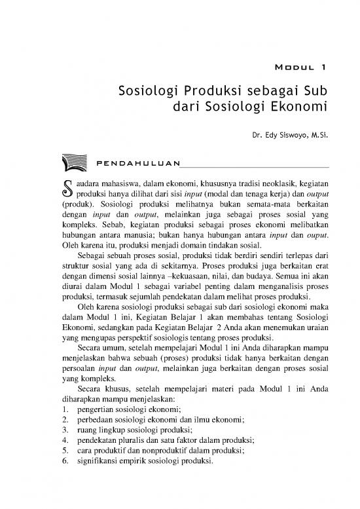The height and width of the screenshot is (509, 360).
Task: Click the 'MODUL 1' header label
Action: point(298,67)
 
